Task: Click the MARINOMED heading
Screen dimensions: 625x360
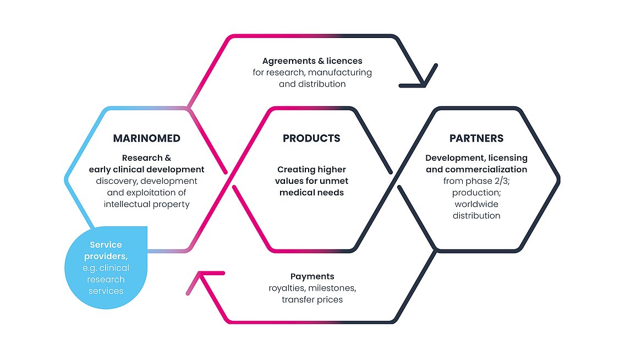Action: (147, 138)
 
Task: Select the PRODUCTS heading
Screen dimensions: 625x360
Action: (311, 138)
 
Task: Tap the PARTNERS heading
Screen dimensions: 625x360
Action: (476, 138)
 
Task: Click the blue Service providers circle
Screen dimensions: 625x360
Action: (106, 268)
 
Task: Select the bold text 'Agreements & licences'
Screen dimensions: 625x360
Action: (312, 61)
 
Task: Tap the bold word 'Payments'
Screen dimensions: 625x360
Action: (312, 276)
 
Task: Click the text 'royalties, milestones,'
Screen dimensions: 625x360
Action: (312, 288)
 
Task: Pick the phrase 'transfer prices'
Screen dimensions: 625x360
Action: (312, 299)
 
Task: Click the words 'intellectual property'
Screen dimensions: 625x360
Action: (147, 204)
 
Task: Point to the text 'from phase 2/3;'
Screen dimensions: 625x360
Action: (476, 181)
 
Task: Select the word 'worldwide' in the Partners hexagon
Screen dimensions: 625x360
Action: (476, 204)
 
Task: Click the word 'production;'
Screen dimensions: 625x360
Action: (476, 193)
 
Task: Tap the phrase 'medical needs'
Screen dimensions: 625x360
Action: (311, 193)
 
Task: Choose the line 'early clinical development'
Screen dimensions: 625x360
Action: (147, 170)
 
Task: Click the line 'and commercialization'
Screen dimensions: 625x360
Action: (476, 170)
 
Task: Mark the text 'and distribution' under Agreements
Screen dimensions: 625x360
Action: (312, 84)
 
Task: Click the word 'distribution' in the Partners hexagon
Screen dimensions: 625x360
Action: (476, 216)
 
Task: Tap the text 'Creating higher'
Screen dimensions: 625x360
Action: (311, 170)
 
